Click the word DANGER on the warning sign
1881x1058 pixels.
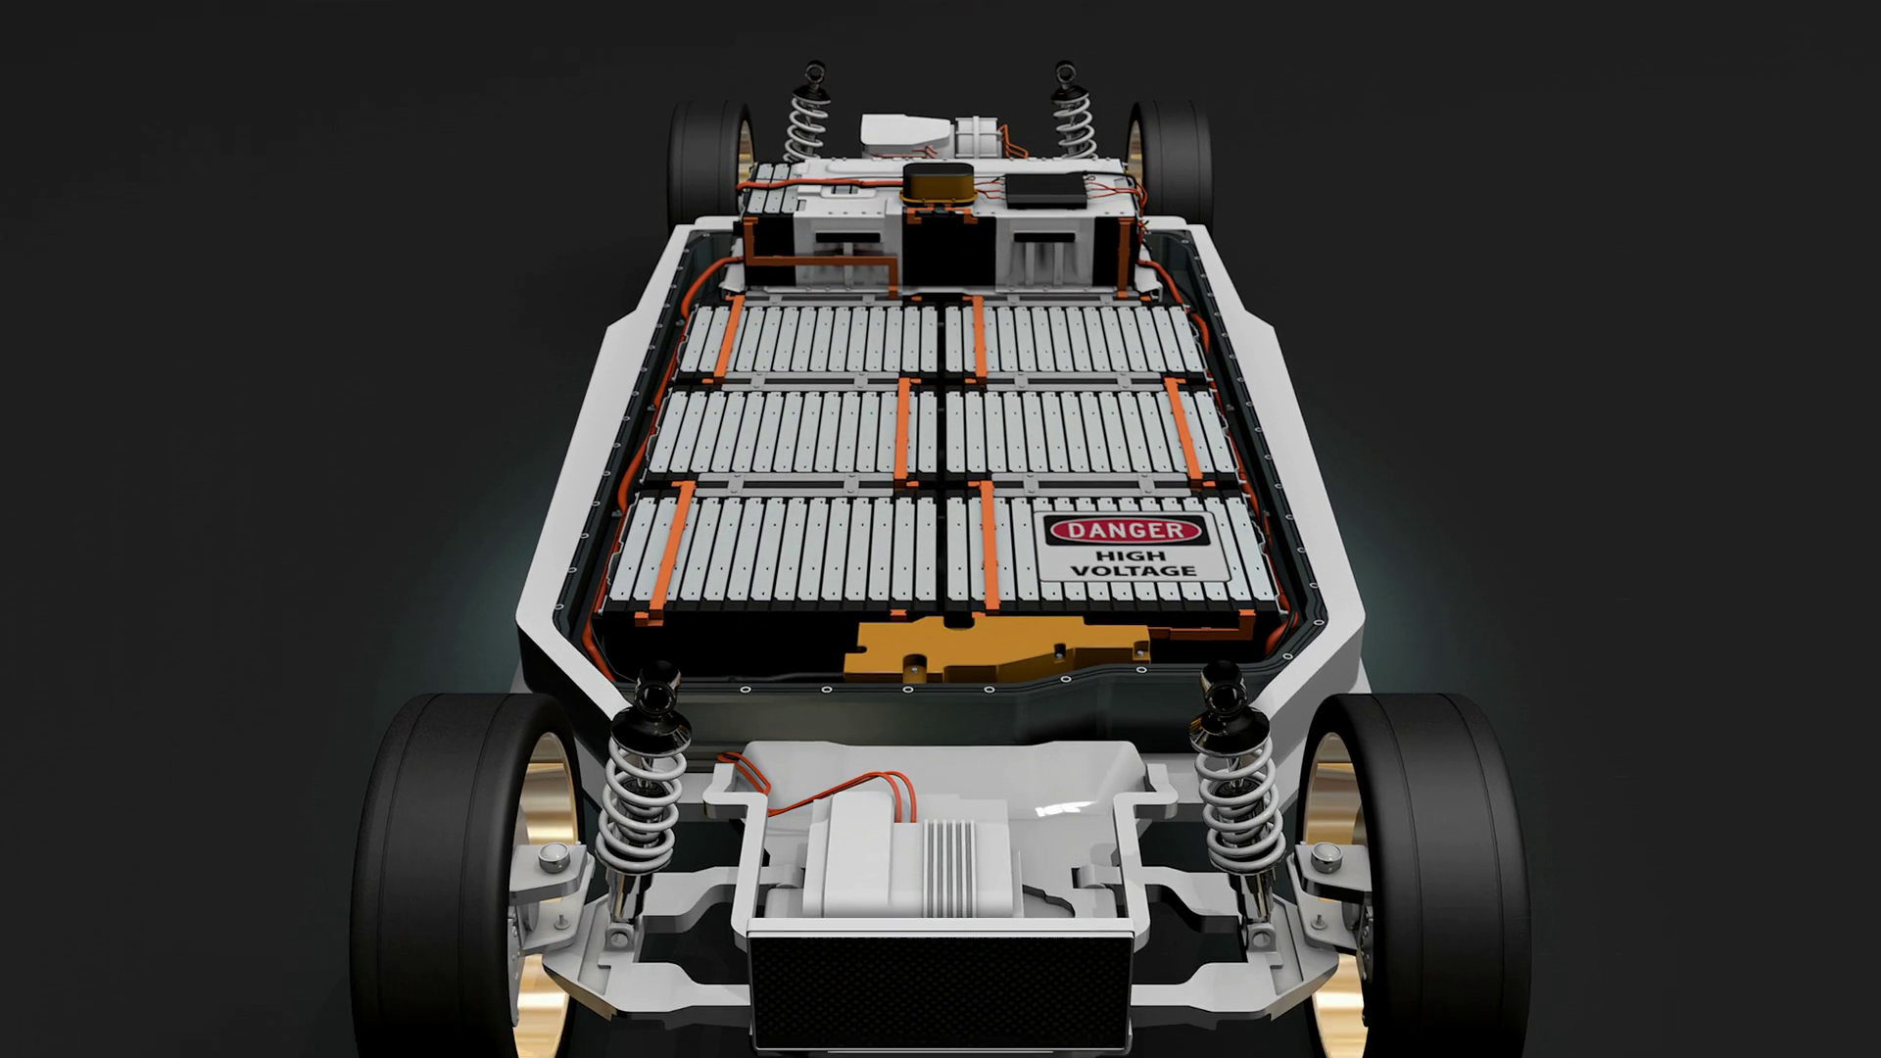point(1124,531)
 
